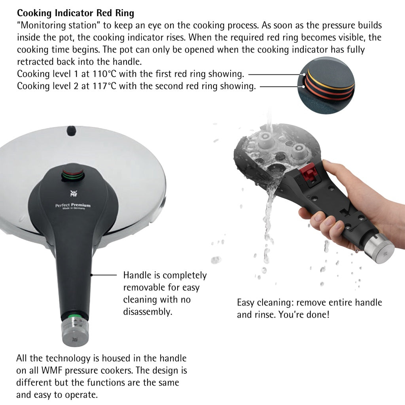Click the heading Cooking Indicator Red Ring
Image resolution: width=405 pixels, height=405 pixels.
coord(76,13)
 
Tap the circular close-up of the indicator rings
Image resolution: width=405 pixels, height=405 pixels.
coord(326,85)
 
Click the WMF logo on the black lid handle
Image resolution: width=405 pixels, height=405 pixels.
coord(74,193)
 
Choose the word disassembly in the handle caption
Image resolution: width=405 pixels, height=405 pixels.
coord(148,312)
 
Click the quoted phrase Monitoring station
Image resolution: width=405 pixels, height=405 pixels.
coord(59,25)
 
